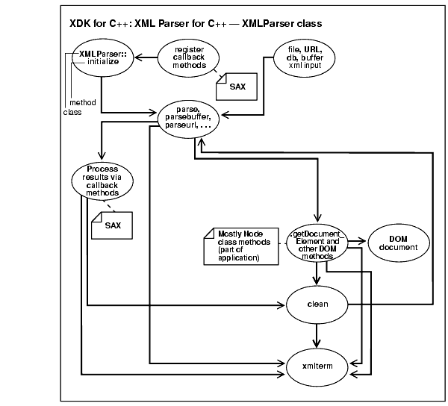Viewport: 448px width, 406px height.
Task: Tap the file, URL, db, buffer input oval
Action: (299, 56)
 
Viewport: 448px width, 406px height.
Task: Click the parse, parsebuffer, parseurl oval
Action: (193, 117)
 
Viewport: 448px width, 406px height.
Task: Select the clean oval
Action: (318, 304)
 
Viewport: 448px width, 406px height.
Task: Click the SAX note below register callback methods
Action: (235, 87)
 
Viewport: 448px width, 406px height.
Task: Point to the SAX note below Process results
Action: (110, 223)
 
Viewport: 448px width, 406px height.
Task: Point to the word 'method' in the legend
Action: (81, 102)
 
